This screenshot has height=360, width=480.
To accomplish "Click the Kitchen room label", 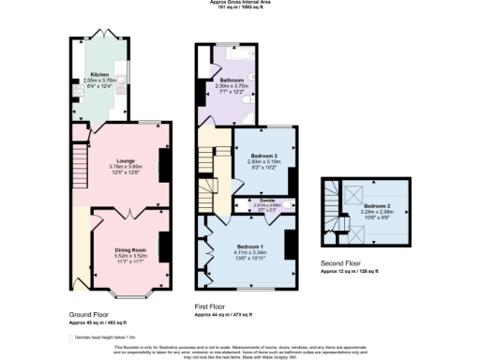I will click(98, 73).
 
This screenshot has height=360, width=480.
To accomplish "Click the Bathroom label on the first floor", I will click(231, 82).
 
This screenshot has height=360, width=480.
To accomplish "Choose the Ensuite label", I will click(267, 200).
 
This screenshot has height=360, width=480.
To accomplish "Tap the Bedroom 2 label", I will click(379, 205).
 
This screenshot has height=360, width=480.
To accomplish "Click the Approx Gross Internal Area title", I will click(240, 3).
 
